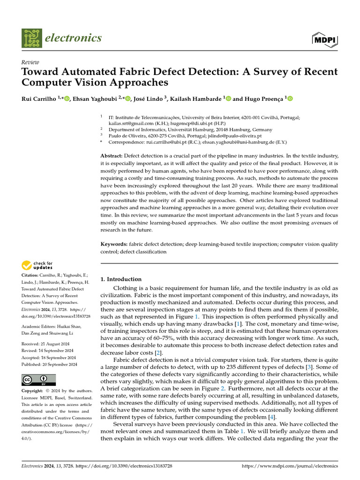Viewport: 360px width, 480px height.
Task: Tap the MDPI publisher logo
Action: (324, 39)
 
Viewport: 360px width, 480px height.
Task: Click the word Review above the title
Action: (30, 62)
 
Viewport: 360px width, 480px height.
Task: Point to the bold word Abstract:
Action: (112, 155)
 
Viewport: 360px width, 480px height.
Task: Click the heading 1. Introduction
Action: (121, 279)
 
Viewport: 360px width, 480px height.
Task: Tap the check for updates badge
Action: (37, 265)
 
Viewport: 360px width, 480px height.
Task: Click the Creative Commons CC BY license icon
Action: (38, 380)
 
